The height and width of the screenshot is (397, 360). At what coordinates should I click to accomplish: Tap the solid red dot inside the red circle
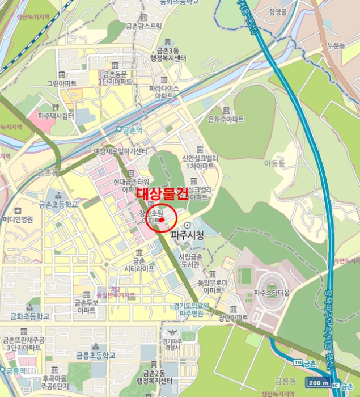coord(161,218)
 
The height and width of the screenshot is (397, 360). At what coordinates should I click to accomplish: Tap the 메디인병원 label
coord(18,219)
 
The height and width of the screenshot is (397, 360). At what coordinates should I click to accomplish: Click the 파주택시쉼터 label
coord(56,116)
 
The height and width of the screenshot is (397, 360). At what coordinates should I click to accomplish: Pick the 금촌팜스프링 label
coord(143,26)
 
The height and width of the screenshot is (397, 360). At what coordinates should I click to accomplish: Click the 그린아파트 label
coord(61,83)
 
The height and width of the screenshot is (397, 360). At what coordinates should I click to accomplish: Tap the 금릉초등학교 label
coord(93,355)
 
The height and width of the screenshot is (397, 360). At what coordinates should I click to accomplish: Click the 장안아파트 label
coord(233,318)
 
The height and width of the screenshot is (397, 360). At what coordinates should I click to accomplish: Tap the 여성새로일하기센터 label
coord(120,152)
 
